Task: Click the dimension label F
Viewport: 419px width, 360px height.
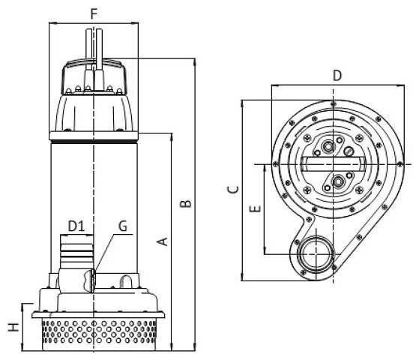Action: tap(94, 14)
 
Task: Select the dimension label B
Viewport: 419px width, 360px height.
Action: tap(185, 203)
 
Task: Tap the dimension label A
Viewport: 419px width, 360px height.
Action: tap(162, 241)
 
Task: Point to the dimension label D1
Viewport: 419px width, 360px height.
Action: tap(76, 226)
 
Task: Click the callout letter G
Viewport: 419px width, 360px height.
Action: tap(123, 226)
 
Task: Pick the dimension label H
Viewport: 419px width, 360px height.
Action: tap(13, 327)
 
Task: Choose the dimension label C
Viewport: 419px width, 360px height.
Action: tap(233, 189)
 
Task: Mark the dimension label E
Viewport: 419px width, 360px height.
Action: tap(255, 208)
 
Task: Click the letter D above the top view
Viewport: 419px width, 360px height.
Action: tap(337, 76)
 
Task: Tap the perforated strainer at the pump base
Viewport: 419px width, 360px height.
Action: tap(99, 334)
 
